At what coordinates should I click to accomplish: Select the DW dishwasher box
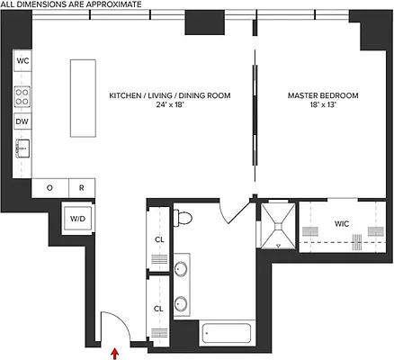23,121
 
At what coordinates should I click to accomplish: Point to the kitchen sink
22,148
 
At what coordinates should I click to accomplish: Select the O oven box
49,188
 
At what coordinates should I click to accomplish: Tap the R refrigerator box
80,188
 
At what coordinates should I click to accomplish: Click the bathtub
228,333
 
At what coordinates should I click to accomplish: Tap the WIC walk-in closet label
342,222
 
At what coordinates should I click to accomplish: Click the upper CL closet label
158,238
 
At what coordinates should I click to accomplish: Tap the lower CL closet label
158,309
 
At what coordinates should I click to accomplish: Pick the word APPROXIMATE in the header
109,5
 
